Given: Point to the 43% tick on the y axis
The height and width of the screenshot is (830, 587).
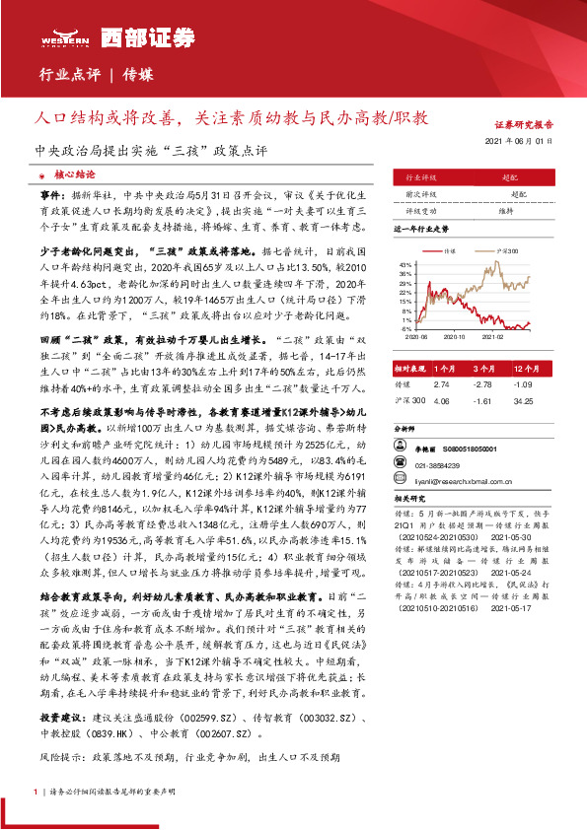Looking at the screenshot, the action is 404,265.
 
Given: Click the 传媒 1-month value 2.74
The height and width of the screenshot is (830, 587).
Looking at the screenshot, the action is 441,383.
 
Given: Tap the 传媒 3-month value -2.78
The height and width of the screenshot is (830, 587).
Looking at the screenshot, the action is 482,383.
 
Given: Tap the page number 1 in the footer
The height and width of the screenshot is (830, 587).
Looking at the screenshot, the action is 36,791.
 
